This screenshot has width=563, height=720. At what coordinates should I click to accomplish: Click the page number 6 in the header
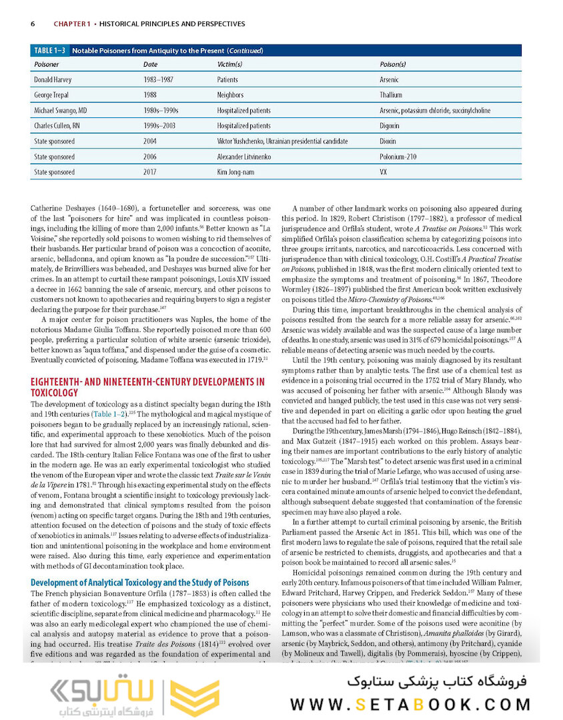[33, 24]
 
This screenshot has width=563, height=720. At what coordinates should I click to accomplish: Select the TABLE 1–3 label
[50, 51]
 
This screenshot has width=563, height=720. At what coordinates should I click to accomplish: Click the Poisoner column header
[46, 65]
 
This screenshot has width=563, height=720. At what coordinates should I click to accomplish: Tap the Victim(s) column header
[229, 65]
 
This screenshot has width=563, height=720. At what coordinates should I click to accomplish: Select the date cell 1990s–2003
[161, 126]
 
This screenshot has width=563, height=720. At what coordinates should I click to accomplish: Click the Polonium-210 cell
[398, 157]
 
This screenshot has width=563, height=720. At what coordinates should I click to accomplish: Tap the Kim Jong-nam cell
[234, 172]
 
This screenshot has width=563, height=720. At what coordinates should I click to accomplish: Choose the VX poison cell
[384, 172]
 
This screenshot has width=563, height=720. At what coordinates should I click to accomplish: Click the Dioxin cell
[388, 141]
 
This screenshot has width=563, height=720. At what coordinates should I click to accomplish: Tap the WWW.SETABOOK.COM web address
[410, 704]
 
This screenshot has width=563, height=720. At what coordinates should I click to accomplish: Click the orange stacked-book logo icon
[194, 697]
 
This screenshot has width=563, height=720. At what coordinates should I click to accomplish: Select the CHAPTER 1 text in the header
[72, 24]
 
